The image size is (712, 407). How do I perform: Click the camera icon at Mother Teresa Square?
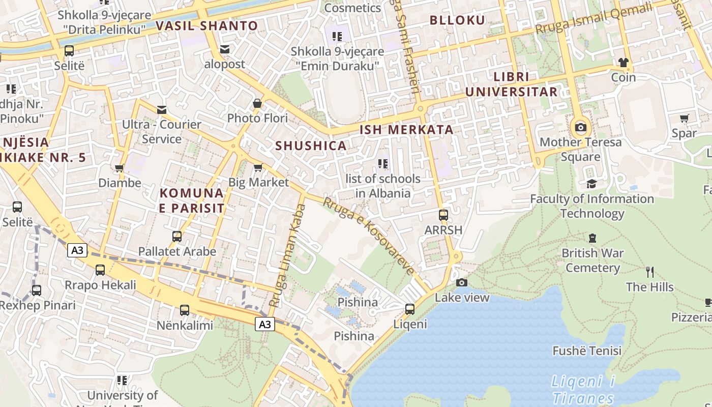pyautogui.click(x=580, y=127)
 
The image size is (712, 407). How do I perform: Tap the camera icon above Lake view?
pyautogui.click(x=462, y=282)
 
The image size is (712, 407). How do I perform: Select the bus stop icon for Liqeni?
pyautogui.click(x=409, y=309)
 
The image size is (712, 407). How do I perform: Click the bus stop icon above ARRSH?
pyautogui.click(x=443, y=215)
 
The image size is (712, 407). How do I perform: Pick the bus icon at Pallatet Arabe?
pyautogui.click(x=177, y=236)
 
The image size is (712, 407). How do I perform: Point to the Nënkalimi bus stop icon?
pyautogui.click(x=185, y=310)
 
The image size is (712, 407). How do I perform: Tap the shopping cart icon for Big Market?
pyautogui.click(x=258, y=167)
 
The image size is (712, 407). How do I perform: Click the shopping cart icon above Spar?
pyautogui.click(x=685, y=118)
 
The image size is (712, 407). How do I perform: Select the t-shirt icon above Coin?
pyautogui.click(x=624, y=63)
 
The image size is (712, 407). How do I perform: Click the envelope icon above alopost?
pyautogui.click(x=224, y=49)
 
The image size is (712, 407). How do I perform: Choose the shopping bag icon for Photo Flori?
pyautogui.click(x=257, y=103)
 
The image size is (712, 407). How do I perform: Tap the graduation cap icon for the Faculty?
pyautogui.click(x=591, y=184)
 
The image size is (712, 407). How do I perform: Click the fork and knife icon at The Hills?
pyautogui.click(x=649, y=272)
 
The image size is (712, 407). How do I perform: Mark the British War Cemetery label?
pyautogui.click(x=592, y=260)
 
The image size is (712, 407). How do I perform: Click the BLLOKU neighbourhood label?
pyautogui.click(x=458, y=20)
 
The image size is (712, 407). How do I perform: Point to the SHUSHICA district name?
pyautogui.click(x=311, y=146)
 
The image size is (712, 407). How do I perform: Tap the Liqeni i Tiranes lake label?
pyautogui.click(x=584, y=390)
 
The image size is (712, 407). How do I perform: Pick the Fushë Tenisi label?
pyautogui.click(x=587, y=351)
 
